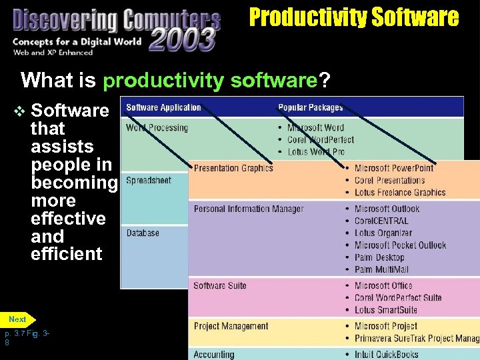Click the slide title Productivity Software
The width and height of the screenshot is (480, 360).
[x=354, y=17]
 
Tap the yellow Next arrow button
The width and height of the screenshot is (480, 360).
[x=19, y=319]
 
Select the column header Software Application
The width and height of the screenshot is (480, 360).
[x=163, y=107]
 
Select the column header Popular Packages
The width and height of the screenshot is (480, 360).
[x=311, y=107]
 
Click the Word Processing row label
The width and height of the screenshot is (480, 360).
[x=157, y=127]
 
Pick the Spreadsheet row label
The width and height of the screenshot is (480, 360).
[x=149, y=181]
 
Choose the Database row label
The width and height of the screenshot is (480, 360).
[x=143, y=233]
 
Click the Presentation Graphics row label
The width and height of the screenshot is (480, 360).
[x=233, y=168]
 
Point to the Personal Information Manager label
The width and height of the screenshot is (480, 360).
[x=249, y=209]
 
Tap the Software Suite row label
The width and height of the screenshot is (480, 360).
[x=220, y=286]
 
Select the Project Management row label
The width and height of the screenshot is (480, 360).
[x=231, y=326]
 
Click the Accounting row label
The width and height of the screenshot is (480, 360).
[x=214, y=355]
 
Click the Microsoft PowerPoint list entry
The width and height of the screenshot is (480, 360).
[x=394, y=168]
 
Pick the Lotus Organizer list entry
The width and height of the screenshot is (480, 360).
[x=383, y=233]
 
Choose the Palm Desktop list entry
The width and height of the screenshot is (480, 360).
[x=379, y=257]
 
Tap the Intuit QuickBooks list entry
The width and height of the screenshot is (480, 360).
[x=386, y=355]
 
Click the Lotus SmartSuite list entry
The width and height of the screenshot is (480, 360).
[x=385, y=310]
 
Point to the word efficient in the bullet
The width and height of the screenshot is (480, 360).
[x=67, y=254]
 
